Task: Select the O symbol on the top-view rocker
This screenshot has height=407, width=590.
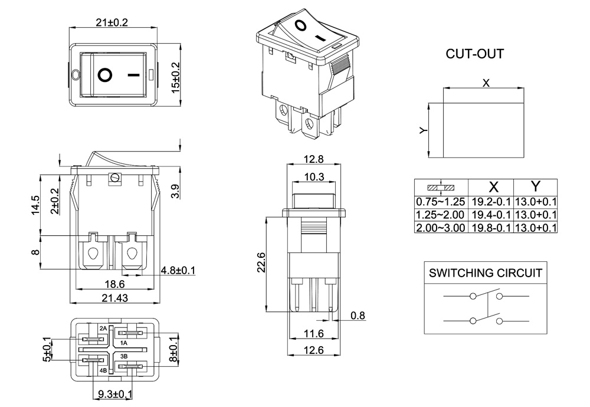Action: pos(106,75)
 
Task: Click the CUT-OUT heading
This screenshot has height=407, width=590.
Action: pos(475,54)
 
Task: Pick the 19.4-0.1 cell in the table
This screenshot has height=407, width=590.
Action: pos(490,214)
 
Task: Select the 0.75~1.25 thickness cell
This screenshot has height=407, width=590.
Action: pos(441,201)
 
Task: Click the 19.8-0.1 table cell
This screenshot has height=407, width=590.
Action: pos(490,227)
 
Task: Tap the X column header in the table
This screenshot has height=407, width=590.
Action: pos(494,187)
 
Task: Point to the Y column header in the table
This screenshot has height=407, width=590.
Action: pos(535,187)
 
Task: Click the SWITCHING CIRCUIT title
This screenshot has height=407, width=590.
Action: pos(485,273)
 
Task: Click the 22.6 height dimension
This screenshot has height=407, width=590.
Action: pos(261,262)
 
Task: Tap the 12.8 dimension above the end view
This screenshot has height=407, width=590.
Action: pos(313,159)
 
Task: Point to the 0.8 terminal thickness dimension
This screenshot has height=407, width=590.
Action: pos(358,316)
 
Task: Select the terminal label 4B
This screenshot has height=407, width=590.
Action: pos(103,370)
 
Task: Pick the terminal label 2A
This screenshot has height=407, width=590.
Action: pos(103,328)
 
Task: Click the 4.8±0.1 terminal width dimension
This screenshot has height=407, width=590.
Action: pos(178,271)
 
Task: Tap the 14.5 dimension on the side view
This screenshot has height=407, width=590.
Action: pos(35,205)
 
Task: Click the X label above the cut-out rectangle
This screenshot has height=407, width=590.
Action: pos(486,83)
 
